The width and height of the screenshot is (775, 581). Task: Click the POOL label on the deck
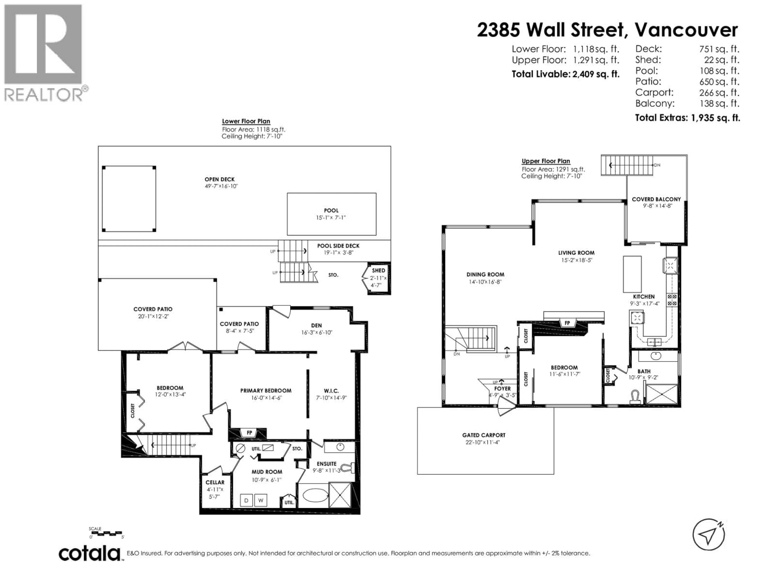tap(331, 210)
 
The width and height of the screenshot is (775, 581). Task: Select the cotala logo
tap(89, 554)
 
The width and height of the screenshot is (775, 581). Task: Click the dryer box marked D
tap(246, 501)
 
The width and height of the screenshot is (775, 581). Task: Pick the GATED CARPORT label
tap(484, 435)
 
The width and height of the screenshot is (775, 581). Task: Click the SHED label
tap(378, 270)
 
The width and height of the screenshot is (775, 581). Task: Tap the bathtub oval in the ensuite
tap(314, 495)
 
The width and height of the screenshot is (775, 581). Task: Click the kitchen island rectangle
tap(632, 274)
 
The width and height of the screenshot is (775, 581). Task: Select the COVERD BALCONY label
tap(656, 199)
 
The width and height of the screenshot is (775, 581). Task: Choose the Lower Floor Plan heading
tap(246, 121)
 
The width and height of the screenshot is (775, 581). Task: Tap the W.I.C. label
tap(331, 391)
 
